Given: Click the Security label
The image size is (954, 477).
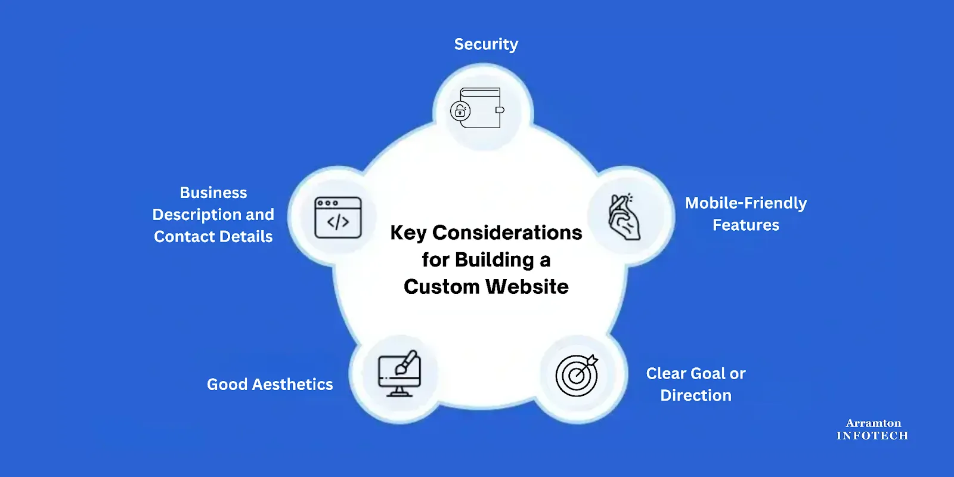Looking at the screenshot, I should coord(486,44).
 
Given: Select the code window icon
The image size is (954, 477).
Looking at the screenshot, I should coord(338,218).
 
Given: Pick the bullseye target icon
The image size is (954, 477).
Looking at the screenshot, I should coord(577,376).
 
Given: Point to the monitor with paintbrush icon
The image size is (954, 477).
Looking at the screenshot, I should coord(399,374).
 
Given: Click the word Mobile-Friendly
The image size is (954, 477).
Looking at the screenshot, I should coord(745,203).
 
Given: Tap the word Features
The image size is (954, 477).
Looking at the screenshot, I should coord(745,225).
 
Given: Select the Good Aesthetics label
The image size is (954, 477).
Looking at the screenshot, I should coord(270,385).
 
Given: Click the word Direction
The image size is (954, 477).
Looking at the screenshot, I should coord(695,396).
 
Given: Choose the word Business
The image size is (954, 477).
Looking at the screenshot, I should coord(213,193).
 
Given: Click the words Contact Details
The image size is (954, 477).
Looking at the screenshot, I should coord(213,237).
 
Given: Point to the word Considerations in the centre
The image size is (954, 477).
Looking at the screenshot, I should coord(507,233).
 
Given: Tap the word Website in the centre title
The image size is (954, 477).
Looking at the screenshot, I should coord(528,287).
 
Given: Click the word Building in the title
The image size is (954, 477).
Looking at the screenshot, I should coord(494,260).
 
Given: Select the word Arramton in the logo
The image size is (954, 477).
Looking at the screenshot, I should coord(873,423).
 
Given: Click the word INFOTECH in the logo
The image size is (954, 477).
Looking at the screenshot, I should coord(872,436).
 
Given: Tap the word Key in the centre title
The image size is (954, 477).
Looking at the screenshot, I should coord(408,233).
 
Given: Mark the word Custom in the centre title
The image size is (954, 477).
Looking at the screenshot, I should coord(441,287).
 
